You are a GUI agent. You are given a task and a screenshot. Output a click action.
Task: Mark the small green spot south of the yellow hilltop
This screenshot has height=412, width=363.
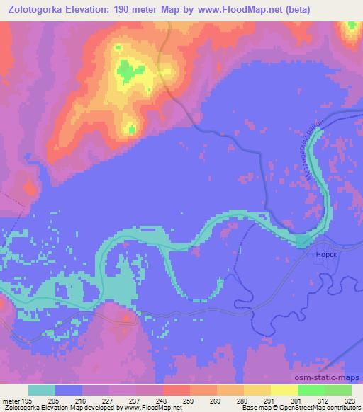pos(130,128)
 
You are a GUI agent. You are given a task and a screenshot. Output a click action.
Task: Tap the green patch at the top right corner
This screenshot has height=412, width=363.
pos(350,28)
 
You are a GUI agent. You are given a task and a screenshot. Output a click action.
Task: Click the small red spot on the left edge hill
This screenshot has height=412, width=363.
pos(29,188)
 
